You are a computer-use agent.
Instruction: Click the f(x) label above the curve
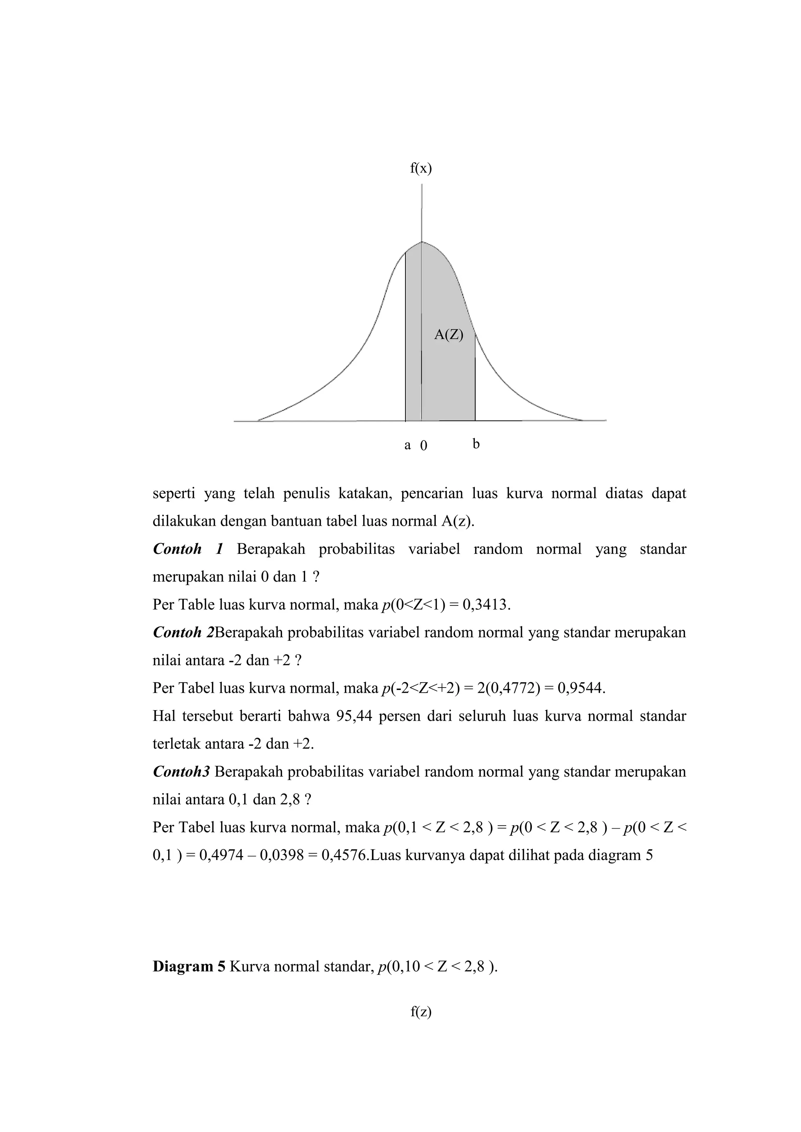(421, 168)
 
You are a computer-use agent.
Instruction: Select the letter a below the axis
(408, 445)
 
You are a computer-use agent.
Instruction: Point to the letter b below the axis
(476, 444)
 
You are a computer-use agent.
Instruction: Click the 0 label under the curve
(424, 446)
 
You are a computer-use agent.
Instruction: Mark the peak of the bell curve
(422, 242)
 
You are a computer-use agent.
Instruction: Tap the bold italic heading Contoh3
(181, 772)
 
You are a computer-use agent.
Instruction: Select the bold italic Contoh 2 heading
(183, 632)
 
